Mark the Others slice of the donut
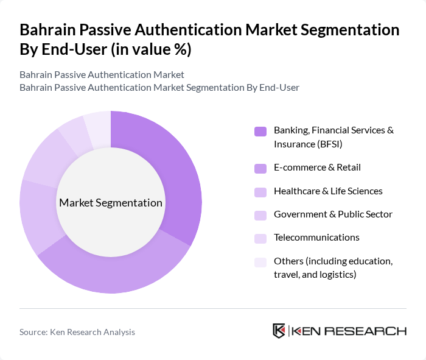click(x=98, y=125)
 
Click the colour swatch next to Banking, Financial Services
click(x=260, y=131)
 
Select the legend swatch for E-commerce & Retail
click(x=260, y=168)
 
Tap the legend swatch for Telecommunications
click(x=260, y=238)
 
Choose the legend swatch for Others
click(x=260, y=262)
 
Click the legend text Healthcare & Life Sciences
click(x=328, y=191)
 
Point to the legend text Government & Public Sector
click(x=333, y=214)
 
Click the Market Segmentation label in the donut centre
click(x=111, y=203)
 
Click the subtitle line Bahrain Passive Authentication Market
click(x=102, y=75)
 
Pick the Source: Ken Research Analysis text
click(x=77, y=332)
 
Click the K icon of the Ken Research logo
click(x=279, y=331)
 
